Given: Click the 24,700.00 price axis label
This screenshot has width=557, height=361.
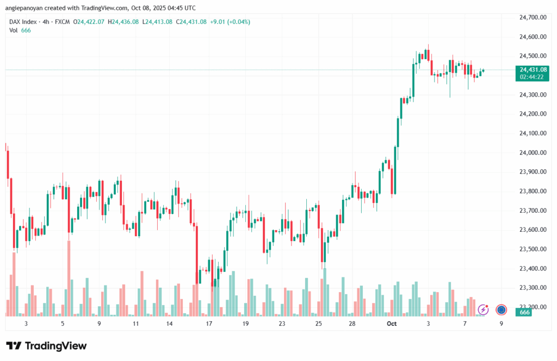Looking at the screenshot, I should [533, 17].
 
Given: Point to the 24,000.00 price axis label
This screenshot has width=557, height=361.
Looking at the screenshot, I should [533, 153].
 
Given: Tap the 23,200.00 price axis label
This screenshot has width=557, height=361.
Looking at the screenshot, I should [533, 307].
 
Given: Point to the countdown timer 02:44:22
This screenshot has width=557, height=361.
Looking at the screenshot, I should [532, 77].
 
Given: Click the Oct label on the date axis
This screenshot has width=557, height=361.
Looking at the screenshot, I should [391, 324].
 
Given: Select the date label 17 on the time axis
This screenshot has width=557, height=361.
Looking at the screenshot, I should [209, 324].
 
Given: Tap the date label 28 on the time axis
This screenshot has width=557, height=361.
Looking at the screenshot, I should [352, 324].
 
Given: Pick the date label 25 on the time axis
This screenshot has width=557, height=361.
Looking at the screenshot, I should [319, 324].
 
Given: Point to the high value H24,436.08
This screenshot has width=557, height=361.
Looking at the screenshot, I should [123, 22].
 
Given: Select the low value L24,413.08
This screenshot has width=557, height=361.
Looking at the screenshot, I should [157, 22].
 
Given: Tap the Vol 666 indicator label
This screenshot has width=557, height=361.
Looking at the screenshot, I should [20, 30].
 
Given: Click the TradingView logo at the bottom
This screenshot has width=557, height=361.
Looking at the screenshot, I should [46, 346].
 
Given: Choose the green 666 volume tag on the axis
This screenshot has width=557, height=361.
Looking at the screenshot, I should [525, 312].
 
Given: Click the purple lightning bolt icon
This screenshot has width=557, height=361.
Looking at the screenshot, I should [483, 309].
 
